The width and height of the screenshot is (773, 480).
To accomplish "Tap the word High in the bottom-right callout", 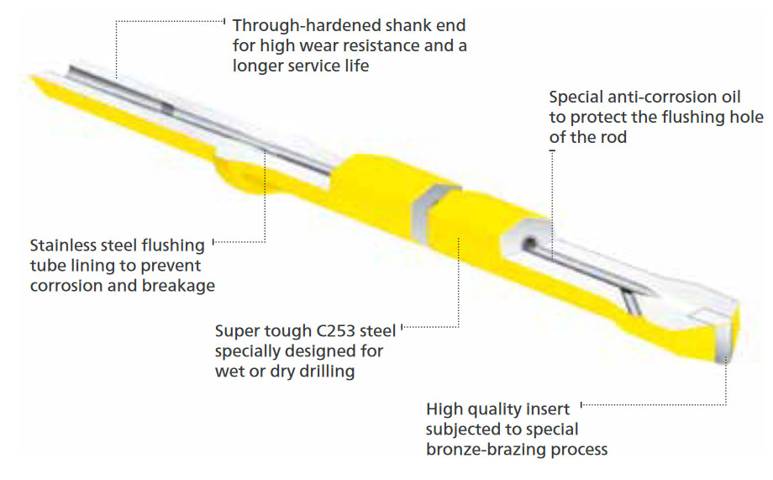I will pyautogui.click(x=444, y=409).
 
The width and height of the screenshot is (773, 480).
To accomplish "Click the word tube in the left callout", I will pyautogui.click(x=47, y=266).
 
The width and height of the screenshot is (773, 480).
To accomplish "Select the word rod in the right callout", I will pyautogui.click(x=611, y=137).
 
